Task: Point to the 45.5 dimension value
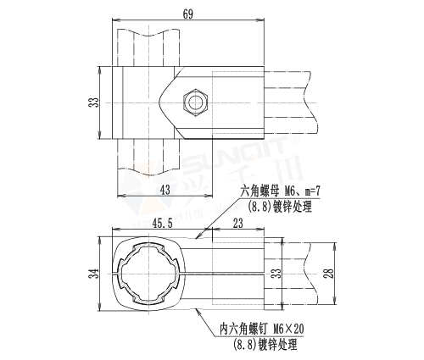pyautogui.click(x=164, y=223)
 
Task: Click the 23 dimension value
pyautogui.click(x=238, y=223)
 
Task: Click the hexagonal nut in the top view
pyautogui.click(x=195, y=102)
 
